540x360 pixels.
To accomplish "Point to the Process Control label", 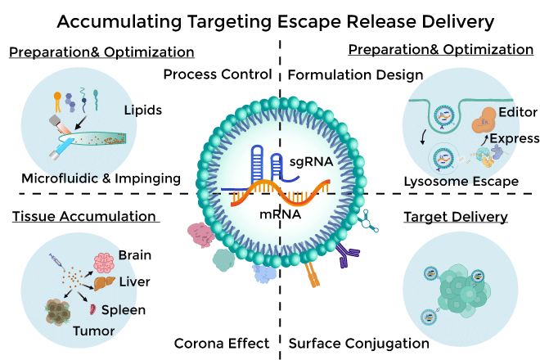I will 217,74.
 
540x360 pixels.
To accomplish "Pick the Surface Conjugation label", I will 359,343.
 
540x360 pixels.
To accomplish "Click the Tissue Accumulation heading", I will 83,216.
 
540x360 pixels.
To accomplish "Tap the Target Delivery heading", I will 456,217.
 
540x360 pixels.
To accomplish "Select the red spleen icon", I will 93,310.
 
